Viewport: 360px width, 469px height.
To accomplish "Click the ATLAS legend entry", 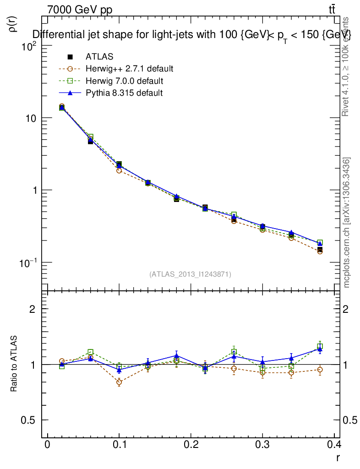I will (99, 57).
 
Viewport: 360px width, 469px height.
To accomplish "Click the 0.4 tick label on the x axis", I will (334, 445).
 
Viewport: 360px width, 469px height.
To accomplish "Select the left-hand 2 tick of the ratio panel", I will (32, 309).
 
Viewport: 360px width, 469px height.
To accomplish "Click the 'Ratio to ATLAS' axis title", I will (14, 364).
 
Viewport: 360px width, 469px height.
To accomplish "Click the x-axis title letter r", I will (338, 457).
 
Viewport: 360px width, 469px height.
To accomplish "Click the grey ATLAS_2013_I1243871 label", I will (190, 274).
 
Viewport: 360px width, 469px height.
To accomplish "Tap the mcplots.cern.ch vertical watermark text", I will (347, 223).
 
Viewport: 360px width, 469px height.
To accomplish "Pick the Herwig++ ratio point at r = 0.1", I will (119, 382).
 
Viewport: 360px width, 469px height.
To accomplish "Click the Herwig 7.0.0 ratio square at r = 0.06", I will (91, 352).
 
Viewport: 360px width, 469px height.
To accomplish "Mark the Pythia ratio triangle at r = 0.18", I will (176, 355).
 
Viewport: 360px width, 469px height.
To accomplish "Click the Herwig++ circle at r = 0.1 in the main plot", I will (119, 170).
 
